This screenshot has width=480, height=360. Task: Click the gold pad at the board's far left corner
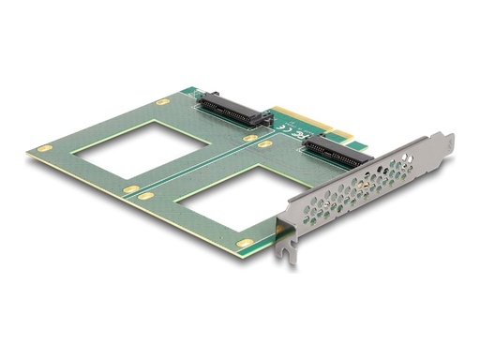(x=44, y=149)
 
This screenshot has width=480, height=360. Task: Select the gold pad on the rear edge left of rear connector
(x=162, y=100)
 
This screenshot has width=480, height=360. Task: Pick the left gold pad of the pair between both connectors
(x=250, y=138)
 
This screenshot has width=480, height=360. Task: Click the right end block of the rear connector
(x=265, y=119)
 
